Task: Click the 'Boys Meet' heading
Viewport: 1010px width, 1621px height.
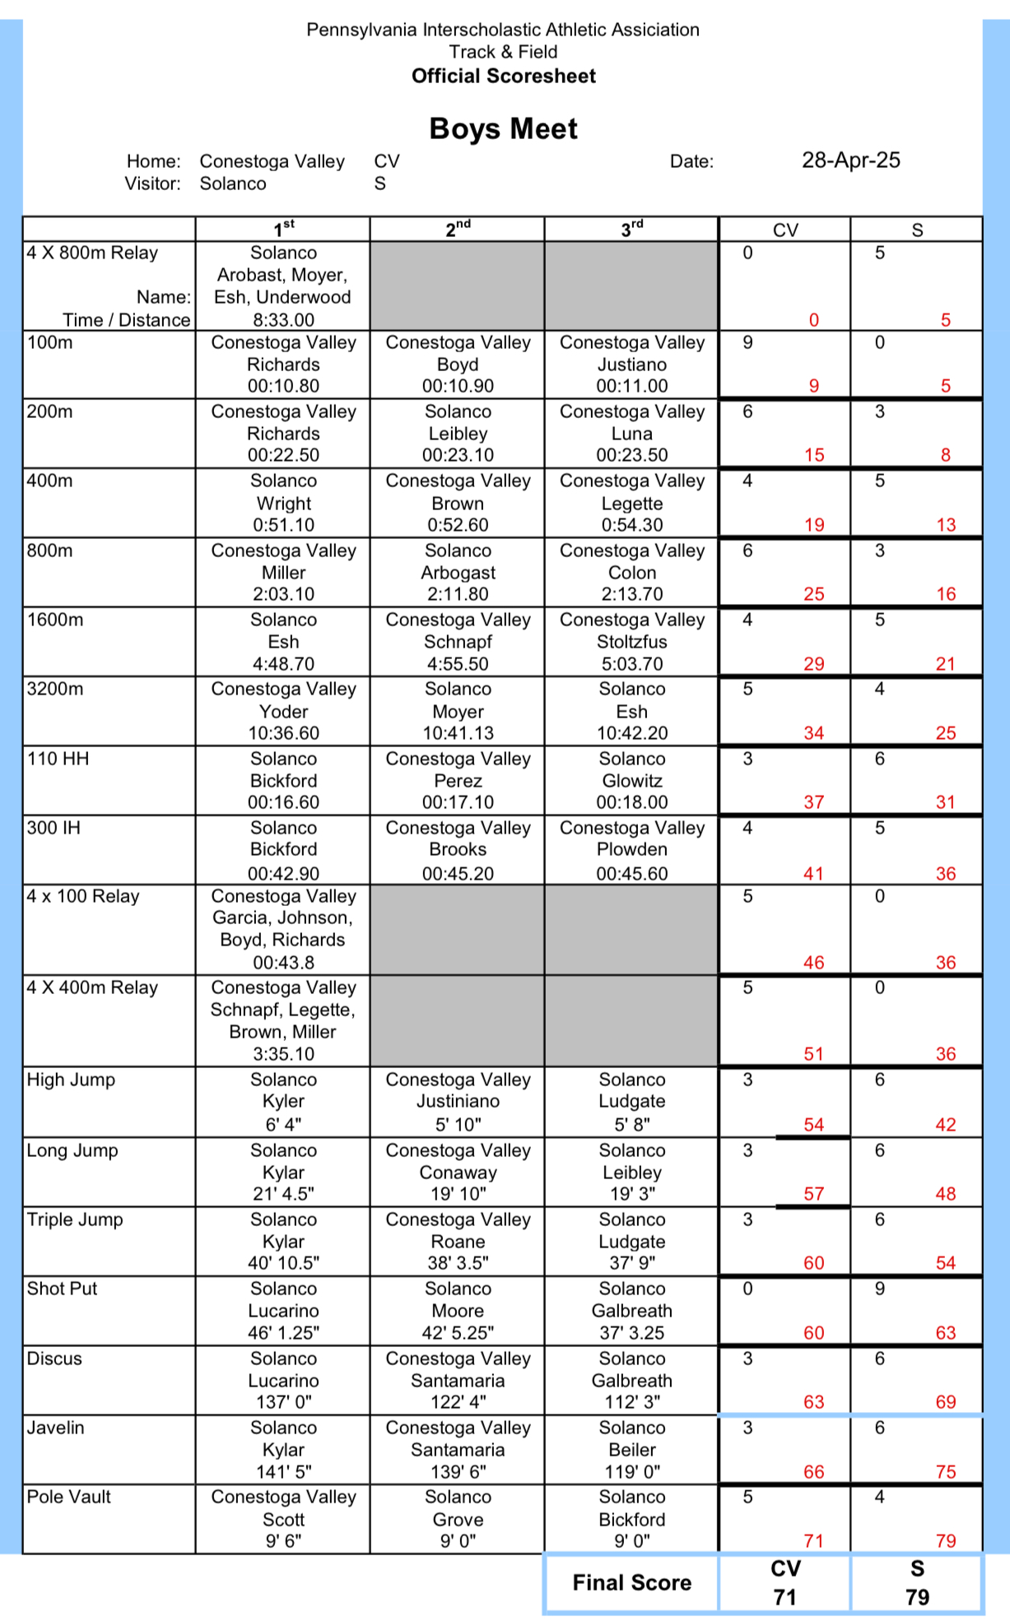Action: [x=503, y=129]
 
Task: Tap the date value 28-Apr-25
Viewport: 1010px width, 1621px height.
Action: [x=850, y=160]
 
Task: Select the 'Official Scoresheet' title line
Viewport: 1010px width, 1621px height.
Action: [x=503, y=76]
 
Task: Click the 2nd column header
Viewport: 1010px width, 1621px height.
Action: [x=458, y=230]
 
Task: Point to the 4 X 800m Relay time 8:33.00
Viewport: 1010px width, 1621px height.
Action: [x=283, y=320]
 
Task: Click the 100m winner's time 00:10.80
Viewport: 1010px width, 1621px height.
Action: [x=283, y=386]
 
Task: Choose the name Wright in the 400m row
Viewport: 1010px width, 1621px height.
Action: [x=283, y=503]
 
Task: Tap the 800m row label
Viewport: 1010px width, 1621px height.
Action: [x=50, y=550]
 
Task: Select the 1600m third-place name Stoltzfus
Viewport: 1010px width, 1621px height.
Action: [x=631, y=642]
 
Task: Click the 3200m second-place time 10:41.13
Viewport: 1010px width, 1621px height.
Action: [x=458, y=733]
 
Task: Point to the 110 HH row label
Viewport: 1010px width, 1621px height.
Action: [x=58, y=759]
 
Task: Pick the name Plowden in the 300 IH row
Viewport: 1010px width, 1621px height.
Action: [x=631, y=849]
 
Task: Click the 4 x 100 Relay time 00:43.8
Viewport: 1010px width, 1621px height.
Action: [x=283, y=962]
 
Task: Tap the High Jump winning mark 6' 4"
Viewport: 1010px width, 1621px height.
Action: [x=283, y=1124]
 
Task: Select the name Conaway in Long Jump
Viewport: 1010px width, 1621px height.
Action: [x=458, y=1173]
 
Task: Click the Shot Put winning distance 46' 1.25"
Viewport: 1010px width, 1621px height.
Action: [x=283, y=1333]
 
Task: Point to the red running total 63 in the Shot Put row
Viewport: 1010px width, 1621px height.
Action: [x=945, y=1333]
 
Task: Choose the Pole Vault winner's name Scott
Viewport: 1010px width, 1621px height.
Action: [x=283, y=1520]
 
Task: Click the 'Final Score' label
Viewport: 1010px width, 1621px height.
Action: [x=631, y=1582]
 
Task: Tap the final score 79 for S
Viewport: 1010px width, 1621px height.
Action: [x=917, y=1597]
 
